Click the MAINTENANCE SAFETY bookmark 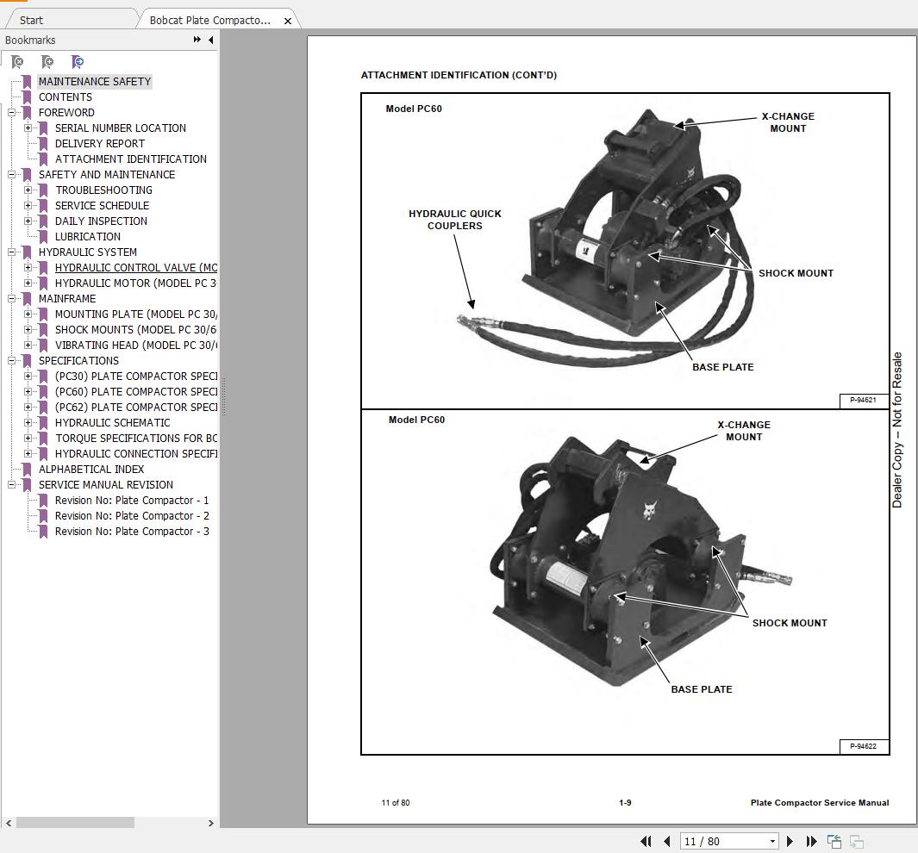(x=94, y=82)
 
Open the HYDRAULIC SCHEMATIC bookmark (x=112, y=423)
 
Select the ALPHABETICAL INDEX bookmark (x=91, y=470)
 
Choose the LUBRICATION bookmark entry (x=88, y=237)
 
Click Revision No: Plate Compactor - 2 (x=132, y=516)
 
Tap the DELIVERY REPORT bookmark (x=100, y=144)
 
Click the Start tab (x=32, y=20)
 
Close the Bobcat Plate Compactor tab (x=288, y=21)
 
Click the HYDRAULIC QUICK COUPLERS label (x=454, y=220)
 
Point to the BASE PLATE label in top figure (x=722, y=367)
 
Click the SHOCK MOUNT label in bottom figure (x=789, y=623)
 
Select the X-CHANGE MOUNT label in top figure (x=787, y=122)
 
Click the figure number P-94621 (x=863, y=400)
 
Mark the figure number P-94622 (x=863, y=746)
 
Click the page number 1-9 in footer (x=625, y=803)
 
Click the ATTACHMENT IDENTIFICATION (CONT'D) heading (x=459, y=75)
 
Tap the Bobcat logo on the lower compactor (x=648, y=511)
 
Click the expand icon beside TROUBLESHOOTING (x=28, y=190)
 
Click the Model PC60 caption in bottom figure (x=416, y=420)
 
